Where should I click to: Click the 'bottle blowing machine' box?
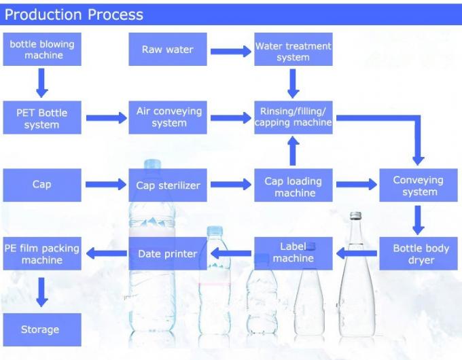pos(41,50)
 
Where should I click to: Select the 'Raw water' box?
pos(168,50)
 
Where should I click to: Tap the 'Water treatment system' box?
pos(294,50)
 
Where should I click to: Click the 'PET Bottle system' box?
pos(41,119)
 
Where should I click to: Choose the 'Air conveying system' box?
pos(168,118)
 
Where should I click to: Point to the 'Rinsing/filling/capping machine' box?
pos(294,117)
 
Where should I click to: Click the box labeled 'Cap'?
pos(41,185)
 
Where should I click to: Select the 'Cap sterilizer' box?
pos(168,185)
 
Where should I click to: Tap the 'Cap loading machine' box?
pos(294,186)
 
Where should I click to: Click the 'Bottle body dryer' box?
pos(421,253)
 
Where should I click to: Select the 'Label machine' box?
pos(294,253)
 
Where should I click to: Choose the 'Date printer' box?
pos(168,253)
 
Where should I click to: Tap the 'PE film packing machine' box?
pos(41,253)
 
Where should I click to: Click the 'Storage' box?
pos(40,329)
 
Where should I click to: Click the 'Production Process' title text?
pos(74,14)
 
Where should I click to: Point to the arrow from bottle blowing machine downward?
pos(41,82)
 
